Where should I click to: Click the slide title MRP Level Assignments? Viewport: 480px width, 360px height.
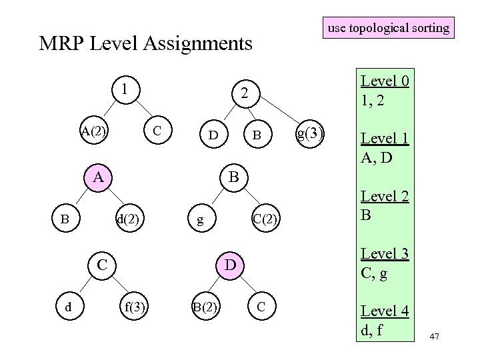146,44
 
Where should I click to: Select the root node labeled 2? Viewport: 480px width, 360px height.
245,95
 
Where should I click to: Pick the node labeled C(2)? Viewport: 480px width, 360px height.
266,219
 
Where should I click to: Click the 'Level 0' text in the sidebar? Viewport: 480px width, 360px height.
385,81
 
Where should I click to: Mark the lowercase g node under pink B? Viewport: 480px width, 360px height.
197,219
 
